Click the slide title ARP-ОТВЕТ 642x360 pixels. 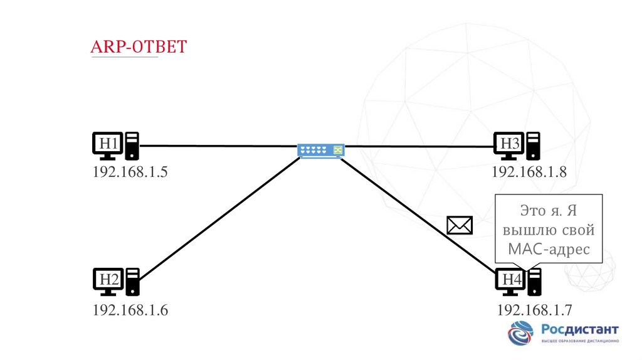click(139, 46)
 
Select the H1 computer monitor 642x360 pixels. click(108, 144)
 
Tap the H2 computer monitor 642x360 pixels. click(108, 280)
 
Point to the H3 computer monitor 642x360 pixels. click(508, 144)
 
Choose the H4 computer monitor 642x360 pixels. click(511, 280)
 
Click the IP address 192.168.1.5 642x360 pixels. click(130, 172)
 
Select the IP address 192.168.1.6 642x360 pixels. click(130, 309)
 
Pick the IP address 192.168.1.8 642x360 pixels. click(529, 172)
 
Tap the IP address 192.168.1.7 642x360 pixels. click(535, 309)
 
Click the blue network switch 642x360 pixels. click(321, 151)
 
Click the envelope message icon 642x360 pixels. click(459, 225)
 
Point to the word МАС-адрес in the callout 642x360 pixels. click(549, 249)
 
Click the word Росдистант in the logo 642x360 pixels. click(579, 329)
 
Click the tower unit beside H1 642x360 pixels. click(132, 146)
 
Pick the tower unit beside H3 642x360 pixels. click(533, 146)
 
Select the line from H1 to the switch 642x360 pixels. click(219, 146)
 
